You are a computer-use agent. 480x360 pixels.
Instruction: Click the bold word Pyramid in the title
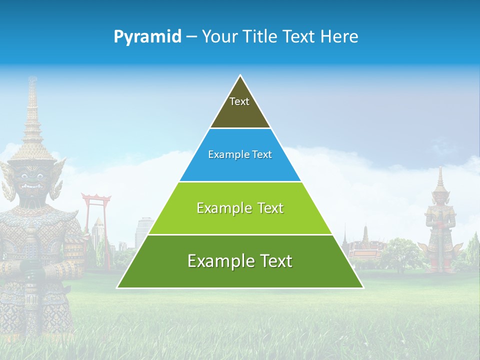pos(147,37)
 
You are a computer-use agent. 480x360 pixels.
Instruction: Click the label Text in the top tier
pos(239,101)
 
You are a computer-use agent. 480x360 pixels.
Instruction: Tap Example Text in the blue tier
pos(240,154)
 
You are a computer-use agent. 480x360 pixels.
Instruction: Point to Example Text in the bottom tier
pos(240,261)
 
